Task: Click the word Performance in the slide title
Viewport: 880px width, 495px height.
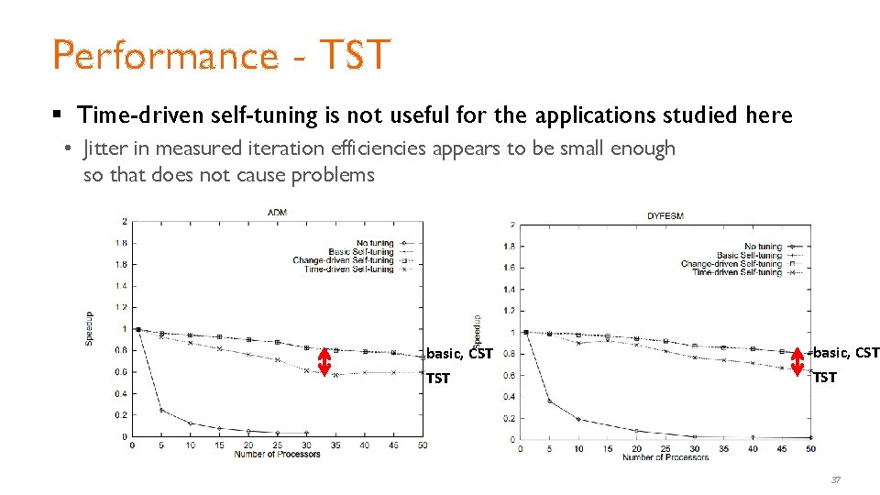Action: point(165,55)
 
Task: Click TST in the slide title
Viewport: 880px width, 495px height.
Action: point(355,55)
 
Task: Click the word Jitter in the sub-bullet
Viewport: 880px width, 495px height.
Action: point(108,148)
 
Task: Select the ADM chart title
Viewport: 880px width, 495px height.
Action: point(278,212)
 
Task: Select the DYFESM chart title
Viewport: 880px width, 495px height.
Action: point(665,215)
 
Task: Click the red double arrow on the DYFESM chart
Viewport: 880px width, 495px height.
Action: point(797,363)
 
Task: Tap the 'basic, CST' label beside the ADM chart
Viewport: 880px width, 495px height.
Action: point(460,353)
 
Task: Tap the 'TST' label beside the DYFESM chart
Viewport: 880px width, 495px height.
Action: point(825,377)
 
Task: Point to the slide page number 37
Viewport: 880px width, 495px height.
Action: point(835,479)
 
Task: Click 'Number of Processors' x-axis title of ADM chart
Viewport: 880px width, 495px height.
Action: point(277,455)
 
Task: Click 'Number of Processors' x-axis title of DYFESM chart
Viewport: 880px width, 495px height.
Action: point(665,456)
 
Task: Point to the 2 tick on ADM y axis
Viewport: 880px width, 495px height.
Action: point(125,222)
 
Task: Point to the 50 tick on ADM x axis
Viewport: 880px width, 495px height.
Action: point(423,445)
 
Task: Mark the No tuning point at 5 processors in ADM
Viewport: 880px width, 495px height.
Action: point(162,410)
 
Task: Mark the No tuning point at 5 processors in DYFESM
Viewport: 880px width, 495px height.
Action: point(549,401)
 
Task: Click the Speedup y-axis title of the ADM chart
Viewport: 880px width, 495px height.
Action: point(89,327)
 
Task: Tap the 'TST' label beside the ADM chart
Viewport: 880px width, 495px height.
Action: point(438,378)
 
